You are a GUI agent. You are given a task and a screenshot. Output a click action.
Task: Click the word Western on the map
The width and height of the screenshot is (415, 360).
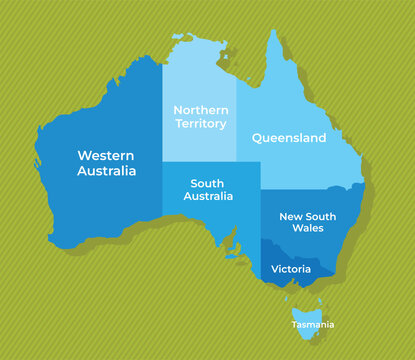pos(106,155)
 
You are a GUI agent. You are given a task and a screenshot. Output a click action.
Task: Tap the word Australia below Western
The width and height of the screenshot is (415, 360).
pos(106,172)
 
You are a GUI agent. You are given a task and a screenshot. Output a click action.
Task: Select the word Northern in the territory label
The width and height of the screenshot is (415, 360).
pos(201,110)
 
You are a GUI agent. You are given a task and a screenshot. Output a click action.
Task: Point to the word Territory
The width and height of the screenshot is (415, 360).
pos(201,124)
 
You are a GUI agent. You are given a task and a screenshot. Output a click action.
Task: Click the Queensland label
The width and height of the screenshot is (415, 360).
pos(289,138)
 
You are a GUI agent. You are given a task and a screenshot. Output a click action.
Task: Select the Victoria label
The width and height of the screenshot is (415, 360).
pos(291,269)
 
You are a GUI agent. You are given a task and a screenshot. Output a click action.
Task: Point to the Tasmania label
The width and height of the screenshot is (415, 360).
pos(313,325)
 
